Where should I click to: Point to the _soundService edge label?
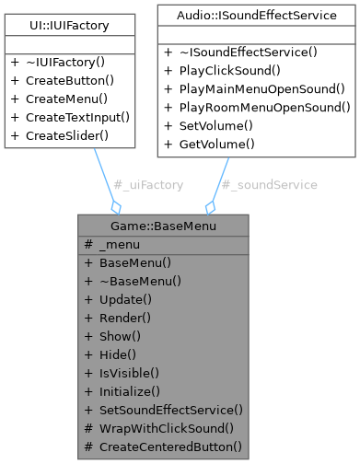click(270, 185)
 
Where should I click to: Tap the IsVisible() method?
click(129, 373)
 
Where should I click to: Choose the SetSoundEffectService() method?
click(170, 410)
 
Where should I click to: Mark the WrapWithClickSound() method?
click(166, 428)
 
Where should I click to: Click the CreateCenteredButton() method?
click(170, 447)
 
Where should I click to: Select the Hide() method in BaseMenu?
click(119, 354)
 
